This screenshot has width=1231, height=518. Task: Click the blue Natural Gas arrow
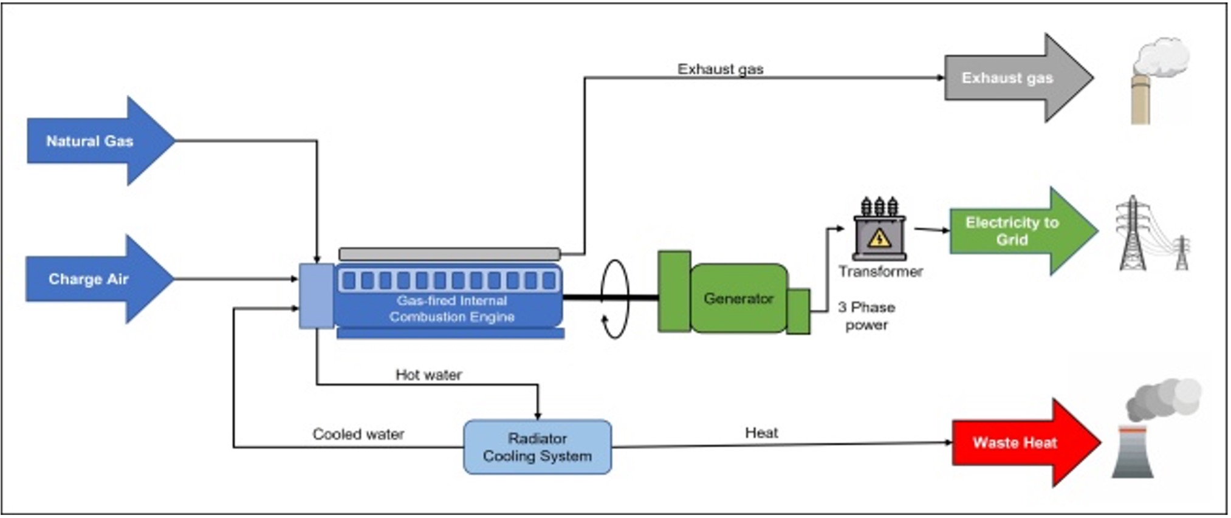coord(91,141)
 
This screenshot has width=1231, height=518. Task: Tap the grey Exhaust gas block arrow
coord(1009,78)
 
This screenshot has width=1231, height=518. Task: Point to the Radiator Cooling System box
coord(537,447)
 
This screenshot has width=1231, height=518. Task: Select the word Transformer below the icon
coord(880,271)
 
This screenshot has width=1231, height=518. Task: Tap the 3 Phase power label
coord(866,316)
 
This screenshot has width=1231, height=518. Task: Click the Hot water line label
coord(428,375)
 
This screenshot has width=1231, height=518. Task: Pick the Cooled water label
coord(358,434)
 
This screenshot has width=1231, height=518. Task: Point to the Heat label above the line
coord(761,432)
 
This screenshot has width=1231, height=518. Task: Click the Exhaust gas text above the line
coord(720,69)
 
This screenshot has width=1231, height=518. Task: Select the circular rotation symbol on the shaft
coord(614,298)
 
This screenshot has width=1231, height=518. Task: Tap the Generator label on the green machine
coord(738,298)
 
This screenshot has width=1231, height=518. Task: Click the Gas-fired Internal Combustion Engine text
coord(451,308)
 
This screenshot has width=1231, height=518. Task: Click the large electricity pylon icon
coord(1133,234)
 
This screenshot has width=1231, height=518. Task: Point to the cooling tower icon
coord(1133,452)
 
